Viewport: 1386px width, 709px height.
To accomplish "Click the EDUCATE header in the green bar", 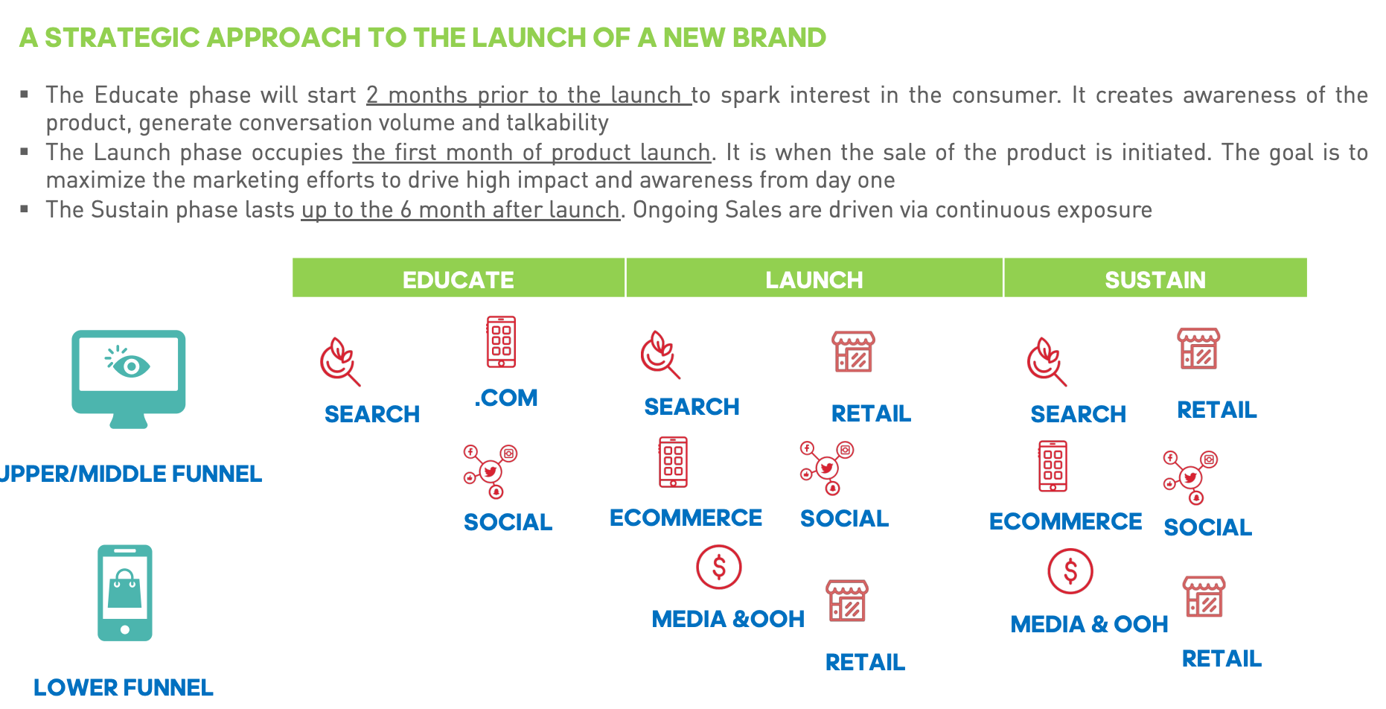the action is (x=458, y=280).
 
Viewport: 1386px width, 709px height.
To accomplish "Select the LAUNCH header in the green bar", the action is (x=814, y=280).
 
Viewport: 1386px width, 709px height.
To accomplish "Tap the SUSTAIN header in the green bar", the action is (x=1155, y=280).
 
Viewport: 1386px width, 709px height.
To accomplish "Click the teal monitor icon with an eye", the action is (x=129, y=379).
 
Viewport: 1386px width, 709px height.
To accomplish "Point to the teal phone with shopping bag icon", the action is (x=125, y=593).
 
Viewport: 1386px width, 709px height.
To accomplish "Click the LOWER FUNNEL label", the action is (x=124, y=687).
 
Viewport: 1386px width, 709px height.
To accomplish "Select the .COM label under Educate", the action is (x=506, y=398).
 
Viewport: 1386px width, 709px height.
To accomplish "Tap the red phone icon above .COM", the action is (x=501, y=342).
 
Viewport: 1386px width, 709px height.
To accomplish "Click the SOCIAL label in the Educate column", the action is (x=508, y=522).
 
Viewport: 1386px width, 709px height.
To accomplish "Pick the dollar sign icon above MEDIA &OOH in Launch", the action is (x=718, y=567).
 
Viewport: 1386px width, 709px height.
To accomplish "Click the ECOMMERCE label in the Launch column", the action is (x=686, y=518).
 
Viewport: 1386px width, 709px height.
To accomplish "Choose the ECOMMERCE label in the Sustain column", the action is (x=1065, y=521).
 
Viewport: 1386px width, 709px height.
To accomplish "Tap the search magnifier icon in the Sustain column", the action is (x=1046, y=363).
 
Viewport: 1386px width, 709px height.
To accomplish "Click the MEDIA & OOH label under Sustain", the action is (x=1089, y=624).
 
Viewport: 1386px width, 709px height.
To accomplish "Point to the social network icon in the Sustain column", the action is (x=1190, y=477).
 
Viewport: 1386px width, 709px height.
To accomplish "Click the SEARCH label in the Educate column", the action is (x=372, y=414).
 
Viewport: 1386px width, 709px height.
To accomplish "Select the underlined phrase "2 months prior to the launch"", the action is (x=528, y=95).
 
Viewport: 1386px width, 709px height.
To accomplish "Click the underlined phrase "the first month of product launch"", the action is (x=531, y=153).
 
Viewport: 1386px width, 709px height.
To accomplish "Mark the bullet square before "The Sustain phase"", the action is (x=25, y=209).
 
